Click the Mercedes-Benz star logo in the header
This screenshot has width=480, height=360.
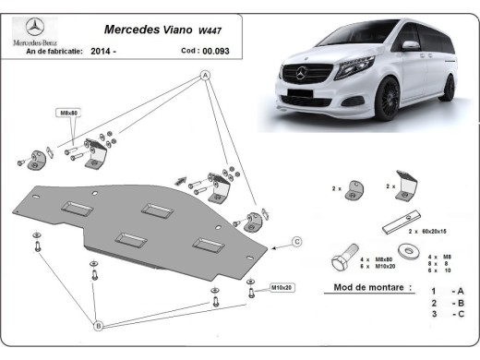pyautogui.click(x=33, y=26)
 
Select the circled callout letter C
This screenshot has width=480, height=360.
pyautogui.click(x=297, y=242)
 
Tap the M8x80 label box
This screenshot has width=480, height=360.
pyautogui.click(x=70, y=113)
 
